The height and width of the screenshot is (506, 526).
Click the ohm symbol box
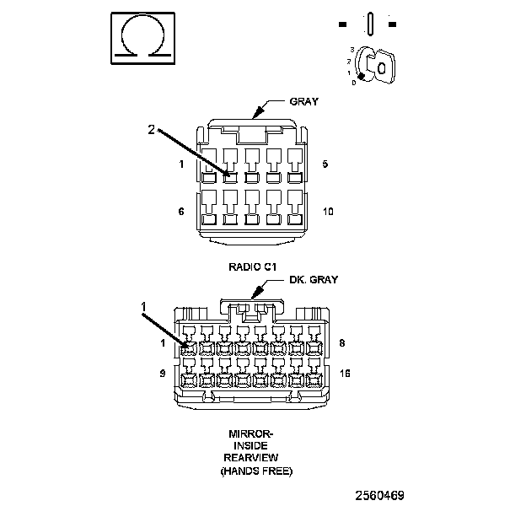point(142,38)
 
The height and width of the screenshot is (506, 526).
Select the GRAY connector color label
point(303,102)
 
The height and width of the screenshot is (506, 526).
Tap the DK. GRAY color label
point(313,281)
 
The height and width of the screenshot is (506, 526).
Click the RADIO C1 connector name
point(253,266)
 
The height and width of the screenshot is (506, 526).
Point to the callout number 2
point(152,130)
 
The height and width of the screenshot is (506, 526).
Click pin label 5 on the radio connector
point(325,164)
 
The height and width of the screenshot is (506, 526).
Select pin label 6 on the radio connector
point(180,212)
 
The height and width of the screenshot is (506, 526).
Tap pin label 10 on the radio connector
point(328,212)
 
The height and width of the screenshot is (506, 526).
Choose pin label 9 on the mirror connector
point(163,372)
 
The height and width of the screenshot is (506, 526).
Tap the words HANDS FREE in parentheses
point(256,471)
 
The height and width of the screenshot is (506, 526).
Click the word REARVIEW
point(252,458)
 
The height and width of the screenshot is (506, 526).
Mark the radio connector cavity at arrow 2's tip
point(229,177)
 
